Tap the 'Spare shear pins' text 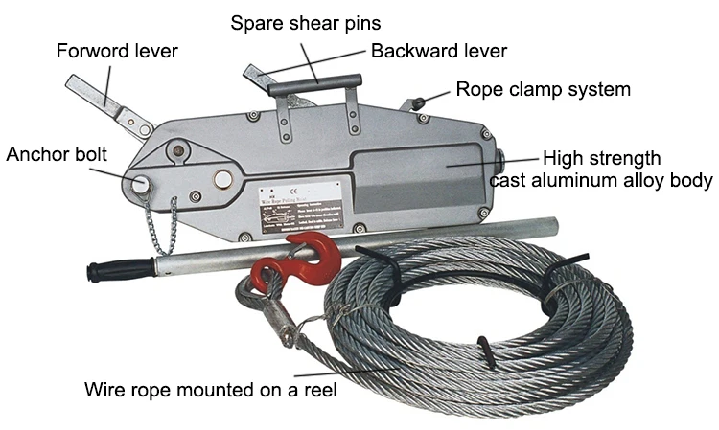click(x=304, y=21)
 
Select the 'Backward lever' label click(x=438, y=51)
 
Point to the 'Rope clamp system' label click(x=543, y=90)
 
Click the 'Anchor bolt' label click(x=56, y=153)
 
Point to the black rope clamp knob click(x=419, y=102)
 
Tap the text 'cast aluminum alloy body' click(x=601, y=180)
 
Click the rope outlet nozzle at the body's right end click(x=499, y=159)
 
